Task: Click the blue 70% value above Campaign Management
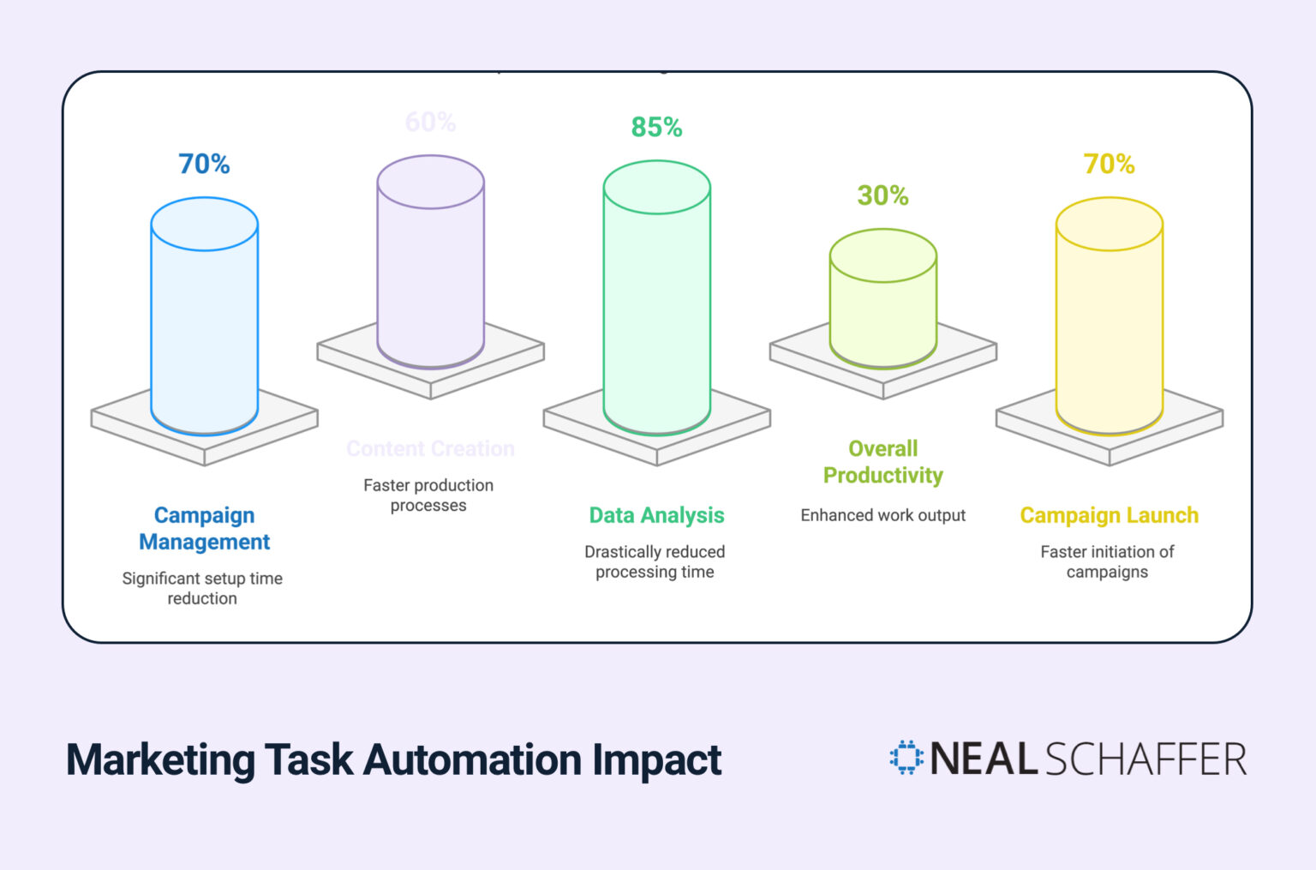pyautogui.click(x=204, y=164)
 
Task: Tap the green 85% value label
pyautogui.click(x=656, y=127)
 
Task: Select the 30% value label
pyautogui.click(x=882, y=195)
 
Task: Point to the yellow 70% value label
pyautogui.click(x=1109, y=164)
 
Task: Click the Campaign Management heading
pyautogui.click(x=205, y=528)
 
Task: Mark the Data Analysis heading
pyautogui.click(x=656, y=515)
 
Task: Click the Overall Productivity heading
pyautogui.click(x=882, y=462)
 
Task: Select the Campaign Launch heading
pyautogui.click(x=1109, y=515)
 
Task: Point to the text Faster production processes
pyautogui.click(x=428, y=495)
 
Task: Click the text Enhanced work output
pyautogui.click(x=882, y=515)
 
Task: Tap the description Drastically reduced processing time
pyautogui.click(x=655, y=561)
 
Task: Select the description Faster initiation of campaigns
pyautogui.click(x=1107, y=561)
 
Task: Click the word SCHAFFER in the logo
pyautogui.click(x=1146, y=759)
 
